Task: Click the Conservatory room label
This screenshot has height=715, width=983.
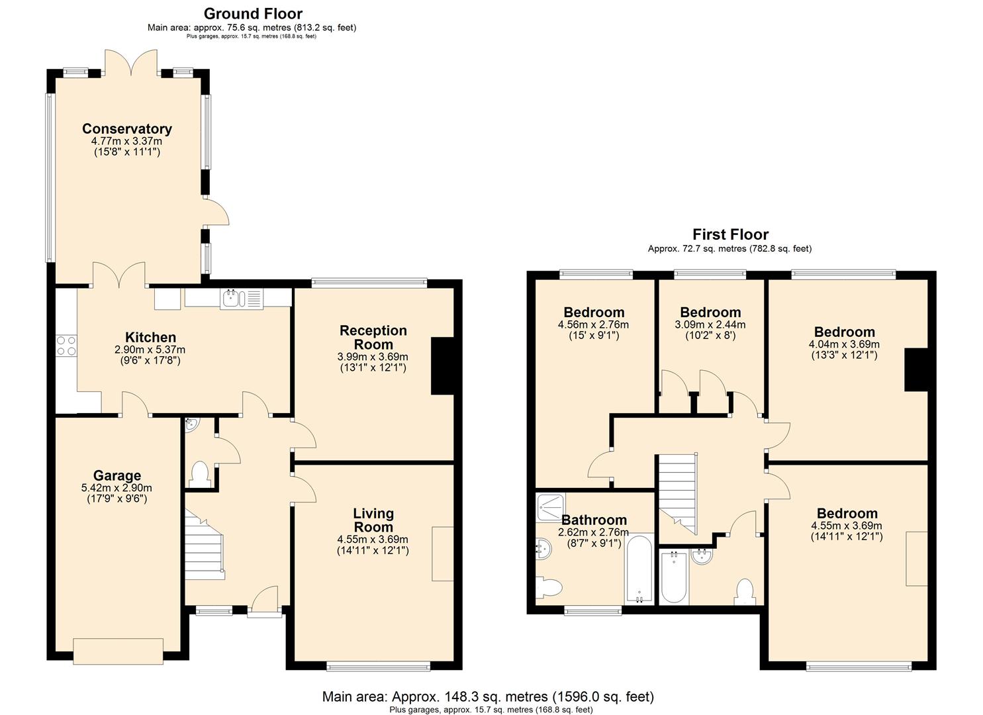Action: pyautogui.click(x=127, y=128)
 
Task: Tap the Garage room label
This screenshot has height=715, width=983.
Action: pyautogui.click(x=117, y=475)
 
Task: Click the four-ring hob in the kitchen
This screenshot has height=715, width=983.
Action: pyautogui.click(x=66, y=345)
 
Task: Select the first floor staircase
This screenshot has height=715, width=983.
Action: pyautogui.click(x=678, y=494)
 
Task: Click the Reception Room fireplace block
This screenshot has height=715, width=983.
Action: pyautogui.click(x=442, y=365)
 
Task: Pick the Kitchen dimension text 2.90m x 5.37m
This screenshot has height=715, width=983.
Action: pyautogui.click(x=150, y=350)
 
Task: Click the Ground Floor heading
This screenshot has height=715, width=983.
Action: pyautogui.click(x=254, y=14)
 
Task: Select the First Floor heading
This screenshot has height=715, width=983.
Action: pyautogui.click(x=730, y=234)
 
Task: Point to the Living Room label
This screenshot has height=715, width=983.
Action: pyautogui.click(x=373, y=520)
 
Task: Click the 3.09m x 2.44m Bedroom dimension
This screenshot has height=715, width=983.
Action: pyautogui.click(x=710, y=325)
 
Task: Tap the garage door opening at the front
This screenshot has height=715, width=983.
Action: pyautogui.click(x=118, y=652)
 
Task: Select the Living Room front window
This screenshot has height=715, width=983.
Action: pyautogui.click(x=378, y=667)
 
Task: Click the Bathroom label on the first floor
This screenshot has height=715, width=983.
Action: pyautogui.click(x=594, y=520)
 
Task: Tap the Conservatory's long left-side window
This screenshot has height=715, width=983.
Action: pyautogui.click(x=50, y=178)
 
